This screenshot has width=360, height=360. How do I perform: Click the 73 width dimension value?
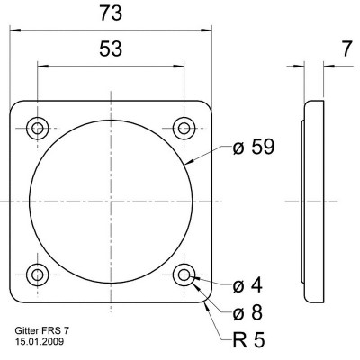[111, 13]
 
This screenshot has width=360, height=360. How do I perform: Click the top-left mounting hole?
[37, 127]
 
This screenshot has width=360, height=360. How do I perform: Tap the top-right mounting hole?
[184, 127]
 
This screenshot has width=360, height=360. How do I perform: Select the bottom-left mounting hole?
[37, 274]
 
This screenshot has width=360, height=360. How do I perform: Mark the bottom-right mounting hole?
[184, 274]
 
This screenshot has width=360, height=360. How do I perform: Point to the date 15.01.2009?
[39, 342]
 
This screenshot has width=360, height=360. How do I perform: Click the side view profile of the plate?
[313, 201]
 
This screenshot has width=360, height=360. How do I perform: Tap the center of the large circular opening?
[111, 201]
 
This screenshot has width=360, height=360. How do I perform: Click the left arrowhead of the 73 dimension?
[13, 29]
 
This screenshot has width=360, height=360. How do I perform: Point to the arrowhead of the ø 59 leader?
[187, 166]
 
